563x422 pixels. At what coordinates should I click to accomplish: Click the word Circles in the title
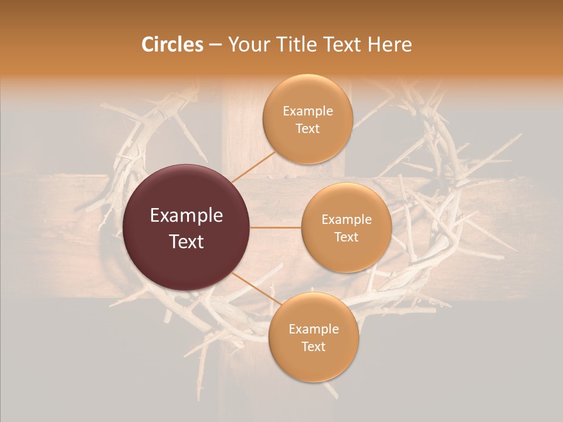click(x=172, y=45)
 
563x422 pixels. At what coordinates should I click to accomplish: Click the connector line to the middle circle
click(x=276, y=227)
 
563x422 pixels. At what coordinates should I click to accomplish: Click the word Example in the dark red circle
click(x=186, y=216)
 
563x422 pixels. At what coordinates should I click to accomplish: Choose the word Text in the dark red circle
click(x=186, y=241)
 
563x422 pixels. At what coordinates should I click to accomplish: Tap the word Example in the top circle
click(x=308, y=111)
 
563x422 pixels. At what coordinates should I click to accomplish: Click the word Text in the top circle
click(x=307, y=129)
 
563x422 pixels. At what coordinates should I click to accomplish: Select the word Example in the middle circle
click(x=347, y=220)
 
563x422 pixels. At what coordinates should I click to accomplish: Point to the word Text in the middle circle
click(x=346, y=237)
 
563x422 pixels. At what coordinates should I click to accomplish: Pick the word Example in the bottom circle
click(x=314, y=329)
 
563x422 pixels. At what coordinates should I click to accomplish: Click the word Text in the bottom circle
click(x=313, y=347)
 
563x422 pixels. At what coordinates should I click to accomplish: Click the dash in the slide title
click(x=215, y=45)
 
